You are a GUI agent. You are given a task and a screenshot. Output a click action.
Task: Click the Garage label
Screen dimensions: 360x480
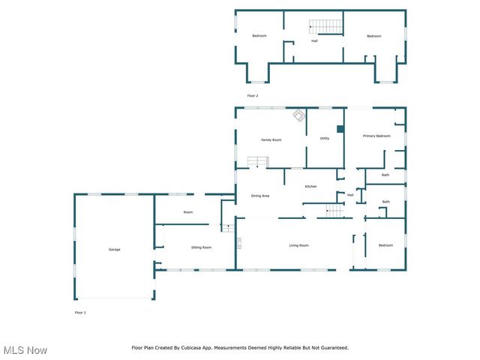point(114,250)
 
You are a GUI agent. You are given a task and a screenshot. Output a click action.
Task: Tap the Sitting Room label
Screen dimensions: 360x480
point(201,247)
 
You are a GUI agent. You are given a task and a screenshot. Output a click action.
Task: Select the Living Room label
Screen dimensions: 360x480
point(299,246)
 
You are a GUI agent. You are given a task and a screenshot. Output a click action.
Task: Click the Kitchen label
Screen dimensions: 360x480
point(310,186)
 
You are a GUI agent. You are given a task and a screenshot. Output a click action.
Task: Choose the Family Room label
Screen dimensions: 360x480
point(271,140)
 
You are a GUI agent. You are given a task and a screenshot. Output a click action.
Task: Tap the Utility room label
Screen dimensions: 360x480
point(325,138)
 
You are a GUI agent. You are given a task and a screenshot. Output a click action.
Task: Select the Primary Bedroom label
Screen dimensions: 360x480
point(376,136)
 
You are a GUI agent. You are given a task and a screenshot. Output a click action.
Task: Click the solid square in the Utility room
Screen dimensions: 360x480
point(340,129)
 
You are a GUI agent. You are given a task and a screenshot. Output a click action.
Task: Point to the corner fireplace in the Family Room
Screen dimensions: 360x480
point(298,115)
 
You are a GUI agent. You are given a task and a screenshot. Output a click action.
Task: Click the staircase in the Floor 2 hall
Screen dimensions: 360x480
point(325,27)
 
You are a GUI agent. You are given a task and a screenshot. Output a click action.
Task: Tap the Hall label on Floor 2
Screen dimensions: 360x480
point(315,40)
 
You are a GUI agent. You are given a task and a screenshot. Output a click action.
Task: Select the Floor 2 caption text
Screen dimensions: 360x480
point(253,96)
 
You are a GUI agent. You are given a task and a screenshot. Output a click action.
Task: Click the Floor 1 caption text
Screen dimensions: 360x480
point(80,312)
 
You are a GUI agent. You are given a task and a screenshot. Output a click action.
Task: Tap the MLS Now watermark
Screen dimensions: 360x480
point(25,350)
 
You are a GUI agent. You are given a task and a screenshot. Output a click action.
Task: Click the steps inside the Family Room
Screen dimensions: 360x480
point(258,162)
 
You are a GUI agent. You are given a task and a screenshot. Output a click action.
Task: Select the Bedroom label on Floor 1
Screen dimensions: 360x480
point(385,246)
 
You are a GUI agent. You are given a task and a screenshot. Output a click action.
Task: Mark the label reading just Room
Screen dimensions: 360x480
point(188,212)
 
